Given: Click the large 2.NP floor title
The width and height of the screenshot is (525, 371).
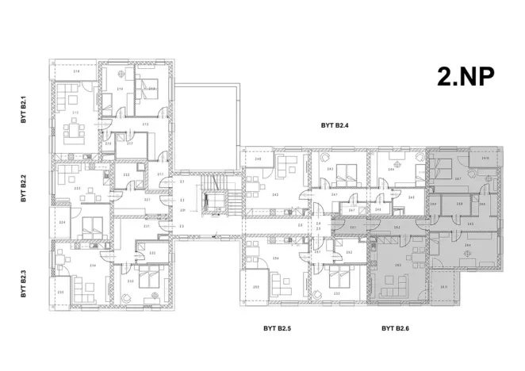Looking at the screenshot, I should coord(466,76).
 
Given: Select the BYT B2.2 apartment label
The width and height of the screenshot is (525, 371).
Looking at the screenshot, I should coord(25,192).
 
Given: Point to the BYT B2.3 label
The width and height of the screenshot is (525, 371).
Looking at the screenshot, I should coord(25,281).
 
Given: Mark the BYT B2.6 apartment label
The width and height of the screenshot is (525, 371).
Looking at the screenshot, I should coord(394,327).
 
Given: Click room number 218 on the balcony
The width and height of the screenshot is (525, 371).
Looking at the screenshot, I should coord(76,72).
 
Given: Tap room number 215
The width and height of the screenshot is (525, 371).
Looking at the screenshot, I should coord(76,113).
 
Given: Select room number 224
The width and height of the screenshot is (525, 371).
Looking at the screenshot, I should coord(62,223).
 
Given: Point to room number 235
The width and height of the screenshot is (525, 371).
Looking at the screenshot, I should coord(62,293).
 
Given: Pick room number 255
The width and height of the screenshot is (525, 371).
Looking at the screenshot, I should coord(256,288).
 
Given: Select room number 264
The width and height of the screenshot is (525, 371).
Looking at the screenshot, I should coord(468,246).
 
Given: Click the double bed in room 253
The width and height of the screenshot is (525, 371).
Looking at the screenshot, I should coord(338,277).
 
